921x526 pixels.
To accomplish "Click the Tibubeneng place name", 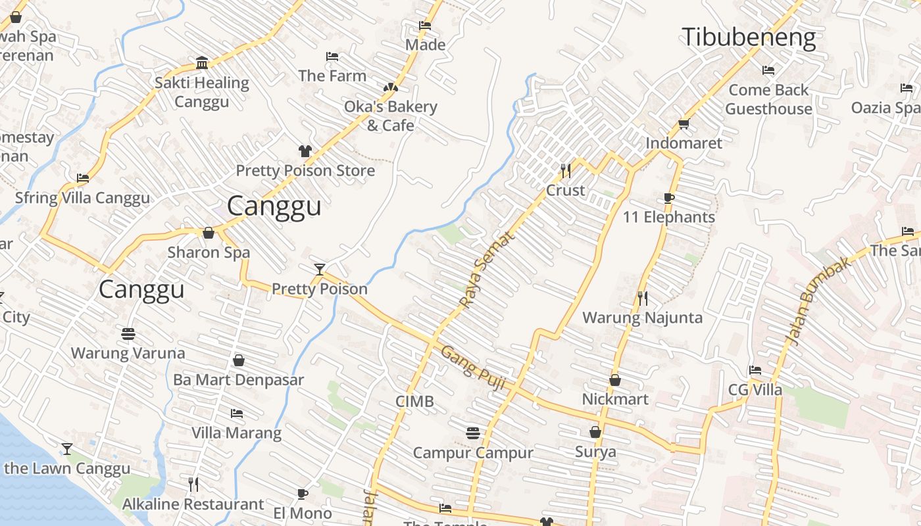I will pyautogui.click(x=749, y=37).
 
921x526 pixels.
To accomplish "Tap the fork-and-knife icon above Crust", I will pyautogui.click(x=566, y=171).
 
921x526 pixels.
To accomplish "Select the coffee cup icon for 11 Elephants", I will pyautogui.click(x=669, y=198).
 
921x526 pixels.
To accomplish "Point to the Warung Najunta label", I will pyautogui.click(x=642, y=318).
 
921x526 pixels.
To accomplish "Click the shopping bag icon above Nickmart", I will pyautogui.click(x=615, y=380).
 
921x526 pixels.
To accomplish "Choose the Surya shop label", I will pyautogui.click(x=595, y=452).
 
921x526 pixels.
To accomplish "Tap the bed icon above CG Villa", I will pyautogui.click(x=755, y=370).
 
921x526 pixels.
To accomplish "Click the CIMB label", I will pyautogui.click(x=414, y=401).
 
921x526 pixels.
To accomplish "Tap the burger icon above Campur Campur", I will pyautogui.click(x=472, y=433).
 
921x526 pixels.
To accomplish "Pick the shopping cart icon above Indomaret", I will pyautogui.click(x=684, y=124).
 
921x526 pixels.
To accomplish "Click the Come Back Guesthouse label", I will pyautogui.click(x=768, y=99).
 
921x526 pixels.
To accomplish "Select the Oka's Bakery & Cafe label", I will pyautogui.click(x=391, y=116).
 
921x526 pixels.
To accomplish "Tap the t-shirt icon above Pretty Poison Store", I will pyautogui.click(x=305, y=151).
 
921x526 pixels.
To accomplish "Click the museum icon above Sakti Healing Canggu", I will pyautogui.click(x=202, y=63).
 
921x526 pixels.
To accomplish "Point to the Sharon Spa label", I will pyautogui.click(x=209, y=252).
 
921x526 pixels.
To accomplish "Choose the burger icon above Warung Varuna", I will pyautogui.click(x=128, y=334).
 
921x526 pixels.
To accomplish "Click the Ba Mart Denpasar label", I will pyautogui.click(x=238, y=380).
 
